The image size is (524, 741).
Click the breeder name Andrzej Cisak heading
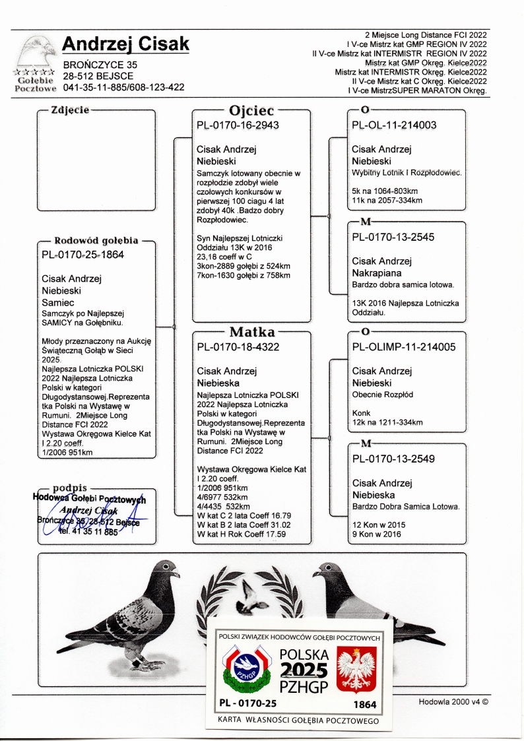125,44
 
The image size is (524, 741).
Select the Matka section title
251,331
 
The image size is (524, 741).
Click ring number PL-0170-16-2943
238,125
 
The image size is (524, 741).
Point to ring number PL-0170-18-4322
238,347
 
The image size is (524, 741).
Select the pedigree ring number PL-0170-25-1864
82,254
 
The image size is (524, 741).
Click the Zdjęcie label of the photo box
70,110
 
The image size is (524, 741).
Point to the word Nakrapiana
377,273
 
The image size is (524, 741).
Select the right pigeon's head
325,572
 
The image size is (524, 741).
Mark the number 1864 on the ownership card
365,705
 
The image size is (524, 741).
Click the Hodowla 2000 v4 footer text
453,702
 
